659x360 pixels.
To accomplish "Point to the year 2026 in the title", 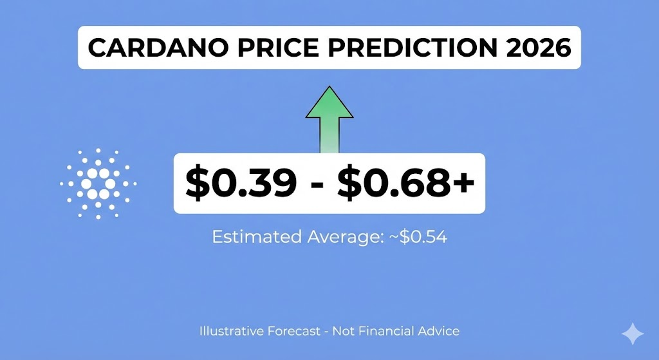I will tap(536, 48).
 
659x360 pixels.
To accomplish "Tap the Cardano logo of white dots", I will tap(98, 183).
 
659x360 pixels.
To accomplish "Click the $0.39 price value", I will tap(241, 184).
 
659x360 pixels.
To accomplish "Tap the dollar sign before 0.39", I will tap(195, 184).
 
